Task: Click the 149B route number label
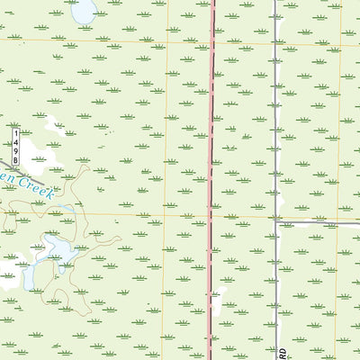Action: (16, 146)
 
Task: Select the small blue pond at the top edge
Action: (84, 12)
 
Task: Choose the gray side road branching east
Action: (315, 221)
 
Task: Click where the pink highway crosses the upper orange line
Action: (213, 41)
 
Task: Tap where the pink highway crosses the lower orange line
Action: (213, 216)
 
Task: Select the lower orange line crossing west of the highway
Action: (165, 216)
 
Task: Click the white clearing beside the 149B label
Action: (36, 148)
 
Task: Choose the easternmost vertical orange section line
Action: (340, 135)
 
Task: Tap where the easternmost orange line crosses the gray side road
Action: (339, 221)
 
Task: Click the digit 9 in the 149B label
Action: (16, 147)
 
